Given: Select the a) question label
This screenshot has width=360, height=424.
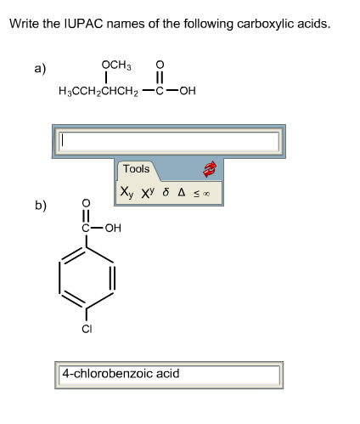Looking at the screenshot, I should tap(40, 69).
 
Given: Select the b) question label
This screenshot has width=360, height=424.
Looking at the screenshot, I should tap(41, 206).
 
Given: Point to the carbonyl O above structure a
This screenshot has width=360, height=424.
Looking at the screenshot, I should tap(160, 66).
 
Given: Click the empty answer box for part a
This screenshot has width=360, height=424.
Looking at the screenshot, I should tap(168, 141).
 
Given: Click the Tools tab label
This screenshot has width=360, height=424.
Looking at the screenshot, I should tap(136, 169).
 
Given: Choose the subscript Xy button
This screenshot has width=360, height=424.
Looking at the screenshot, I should tap(127, 193).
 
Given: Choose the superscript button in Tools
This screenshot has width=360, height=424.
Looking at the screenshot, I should tap(150, 193).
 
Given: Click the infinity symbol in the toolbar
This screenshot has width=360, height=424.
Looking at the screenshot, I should tap(205, 194).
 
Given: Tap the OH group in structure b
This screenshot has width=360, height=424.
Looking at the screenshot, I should tap(113, 228).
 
